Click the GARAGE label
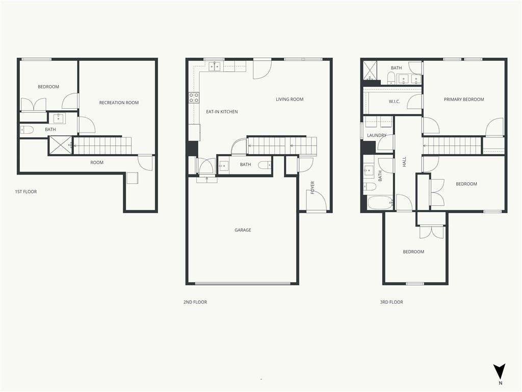(x=243, y=230)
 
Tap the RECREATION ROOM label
(x=119, y=103)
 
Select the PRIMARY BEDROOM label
(x=464, y=100)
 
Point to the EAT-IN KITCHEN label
(x=222, y=112)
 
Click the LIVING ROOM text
(x=290, y=99)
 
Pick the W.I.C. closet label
(x=394, y=102)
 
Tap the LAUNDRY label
(x=377, y=135)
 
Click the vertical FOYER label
(x=312, y=188)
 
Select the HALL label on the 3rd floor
(x=404, y=162)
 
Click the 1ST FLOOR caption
(x=26, y=192)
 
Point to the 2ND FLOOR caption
(x=195, y=302)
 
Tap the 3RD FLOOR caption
(x=391, y=302)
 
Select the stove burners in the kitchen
(x=194, y=97)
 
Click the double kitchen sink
(x=215, y=66)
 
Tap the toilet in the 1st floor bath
(x=27, y=129)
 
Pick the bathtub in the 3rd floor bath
(x=380, y=202)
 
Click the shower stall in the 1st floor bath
(x=61, y=145)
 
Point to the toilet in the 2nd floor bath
(x=265, y=165)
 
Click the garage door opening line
(x=243, y=284)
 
